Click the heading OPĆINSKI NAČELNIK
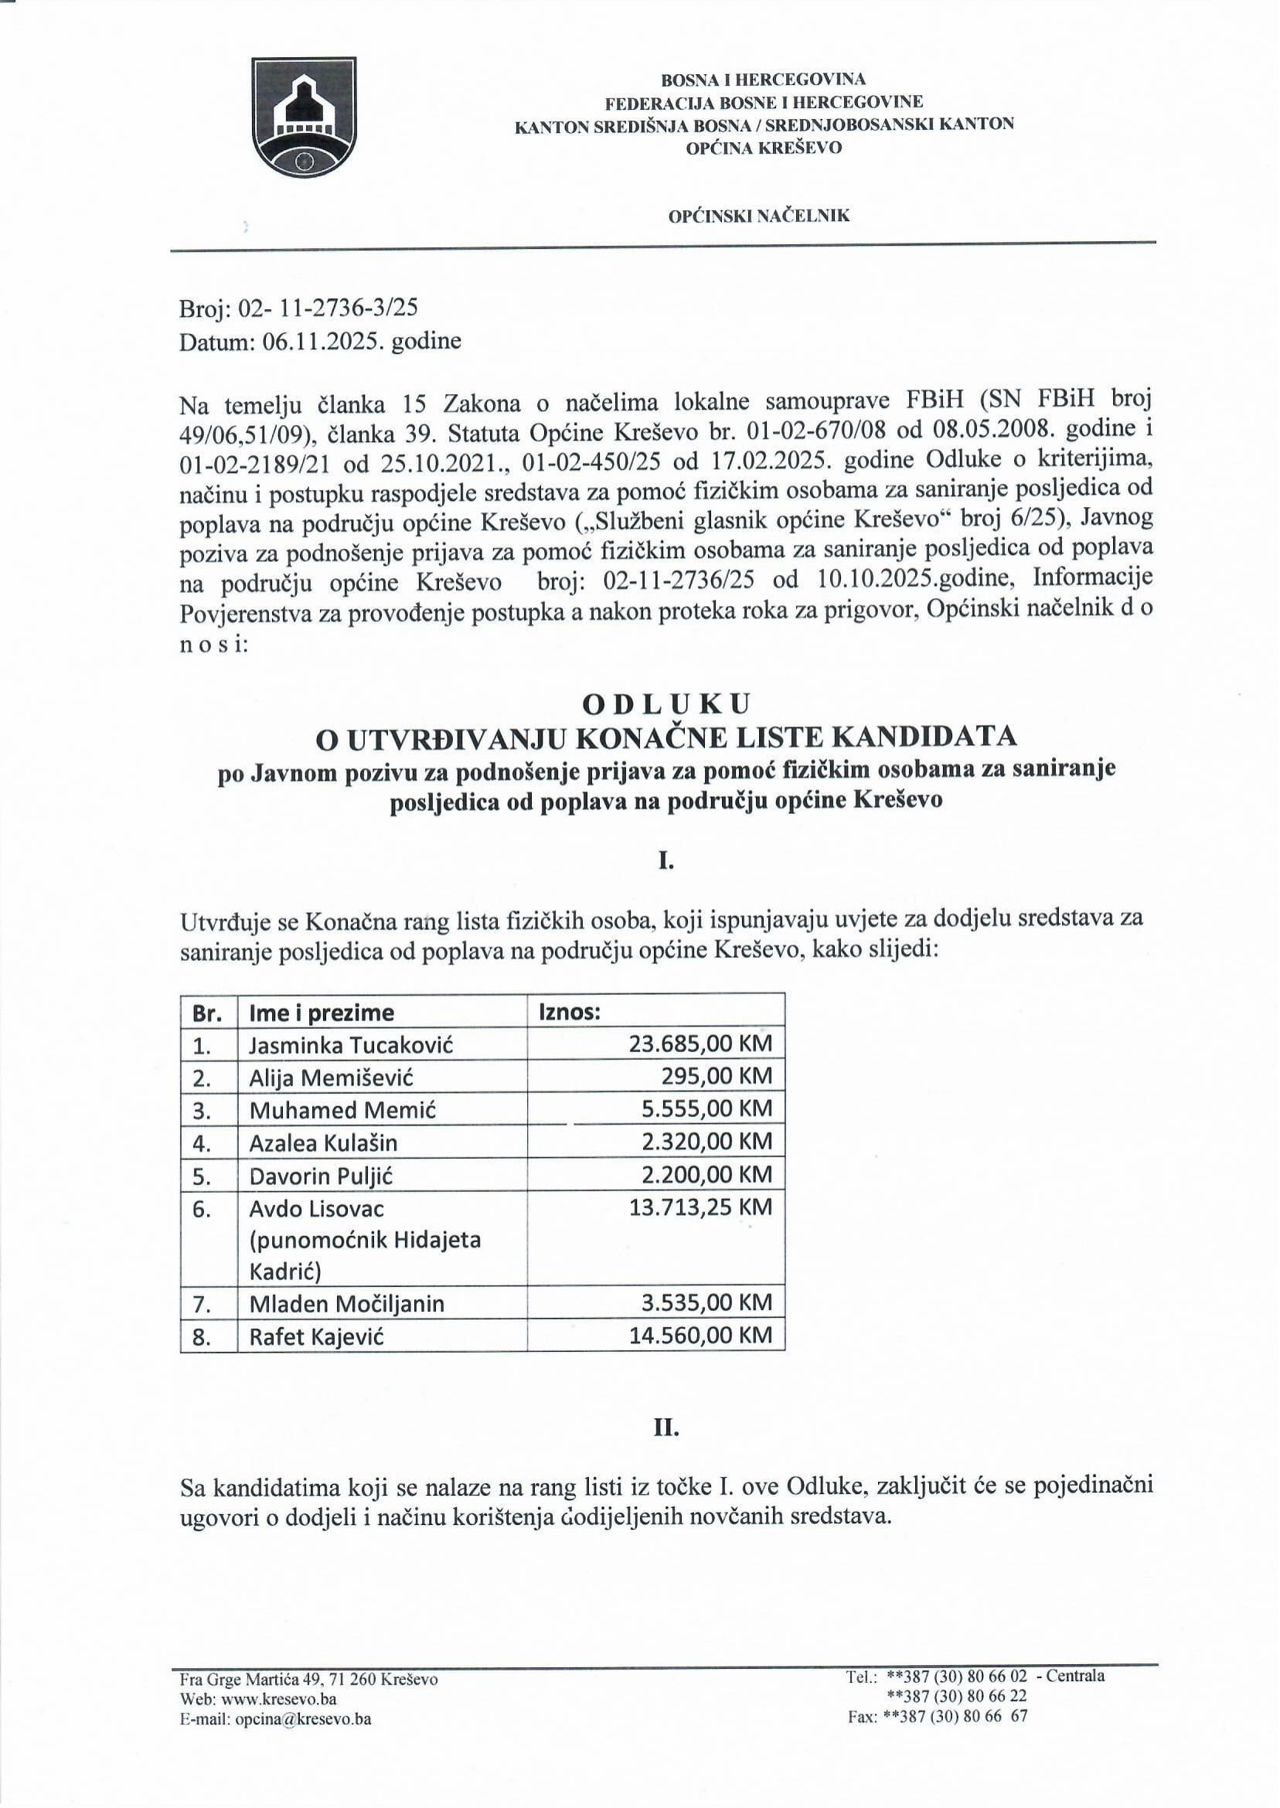pos(759,216)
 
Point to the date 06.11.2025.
pos(313,340)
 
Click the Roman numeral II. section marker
pos(666,1449)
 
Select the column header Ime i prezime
pos(321,1013)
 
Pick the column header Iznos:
pos(570,1013)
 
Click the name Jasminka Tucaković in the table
pos(351,1045)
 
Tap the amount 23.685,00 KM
pos(700,1044)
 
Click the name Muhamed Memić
pos(342,1110)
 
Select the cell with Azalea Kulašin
pos(323,1142)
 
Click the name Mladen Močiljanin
pos(347,1303)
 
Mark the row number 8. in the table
pos(202,1336)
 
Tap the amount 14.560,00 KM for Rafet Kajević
pos(700,1335)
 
